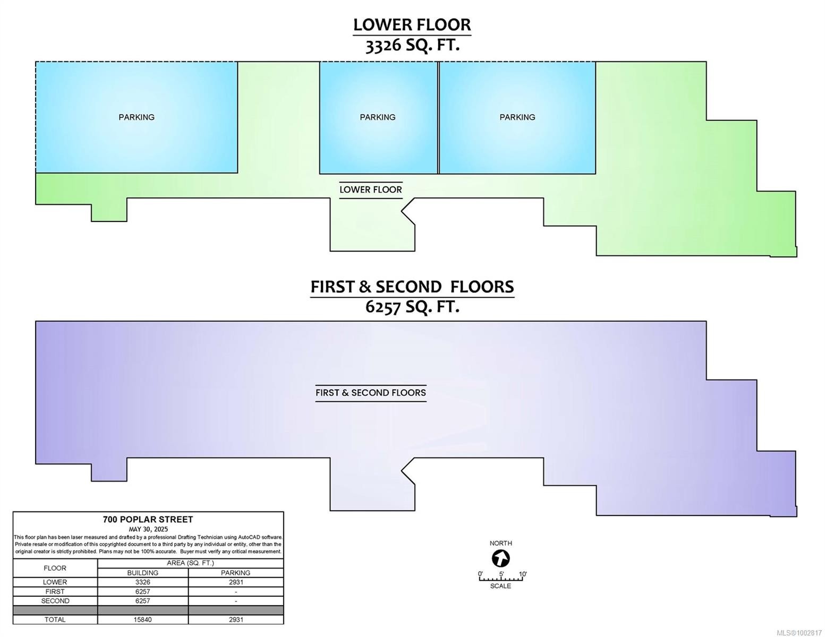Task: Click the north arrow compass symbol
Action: (x=501, y=558)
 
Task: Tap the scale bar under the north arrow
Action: (x=501, y=579)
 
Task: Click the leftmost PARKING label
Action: (x=137, y=117)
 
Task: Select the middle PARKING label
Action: (x=378, y=117)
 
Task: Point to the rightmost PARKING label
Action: (x=517, y=117)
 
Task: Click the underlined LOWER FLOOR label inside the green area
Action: (x=371, y=190)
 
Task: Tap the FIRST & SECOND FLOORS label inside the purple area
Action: (x=371, y=393)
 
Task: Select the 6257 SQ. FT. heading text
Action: (x=412, y=306)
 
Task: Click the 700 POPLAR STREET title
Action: (x=148, y=519)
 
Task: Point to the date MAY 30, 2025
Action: (x=148, y=529)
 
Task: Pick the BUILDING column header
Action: (x=143, y=573)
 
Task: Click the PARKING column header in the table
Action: (x=236, y=573)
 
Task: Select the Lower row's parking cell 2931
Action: (x=236, y=582)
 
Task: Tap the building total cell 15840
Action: (x=143, y=619)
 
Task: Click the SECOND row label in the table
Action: (x=55, y=601)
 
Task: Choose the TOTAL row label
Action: (x=55, y=619)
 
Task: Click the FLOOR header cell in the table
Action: (x=55, y=568)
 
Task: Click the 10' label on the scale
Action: (x=523, y=574)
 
